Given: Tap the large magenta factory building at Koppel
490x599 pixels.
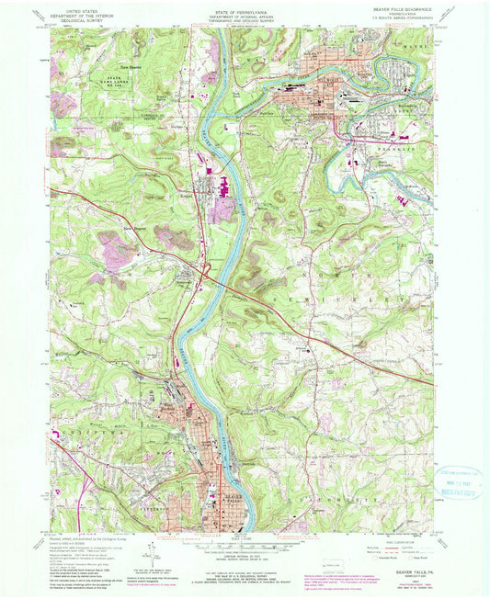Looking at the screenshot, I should (x=221, y=211).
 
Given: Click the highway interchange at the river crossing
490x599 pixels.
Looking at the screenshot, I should (x=211, y=271).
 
